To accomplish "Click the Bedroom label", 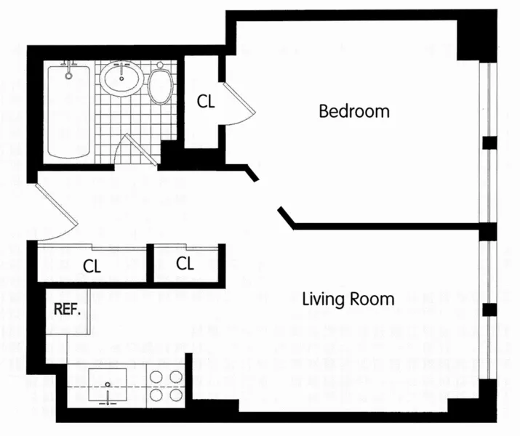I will (354, 112).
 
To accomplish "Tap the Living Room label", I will (348, 299).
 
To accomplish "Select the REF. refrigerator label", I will (67, 308).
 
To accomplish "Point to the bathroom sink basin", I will (121, 78).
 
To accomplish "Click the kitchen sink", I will (107, 385).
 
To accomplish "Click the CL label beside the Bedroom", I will (207, 102).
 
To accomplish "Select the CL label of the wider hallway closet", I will (92, 267).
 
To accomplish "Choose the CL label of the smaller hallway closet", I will (185, 263).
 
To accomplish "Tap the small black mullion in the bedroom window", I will (489, 142).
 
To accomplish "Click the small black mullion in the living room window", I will (489, 310).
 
